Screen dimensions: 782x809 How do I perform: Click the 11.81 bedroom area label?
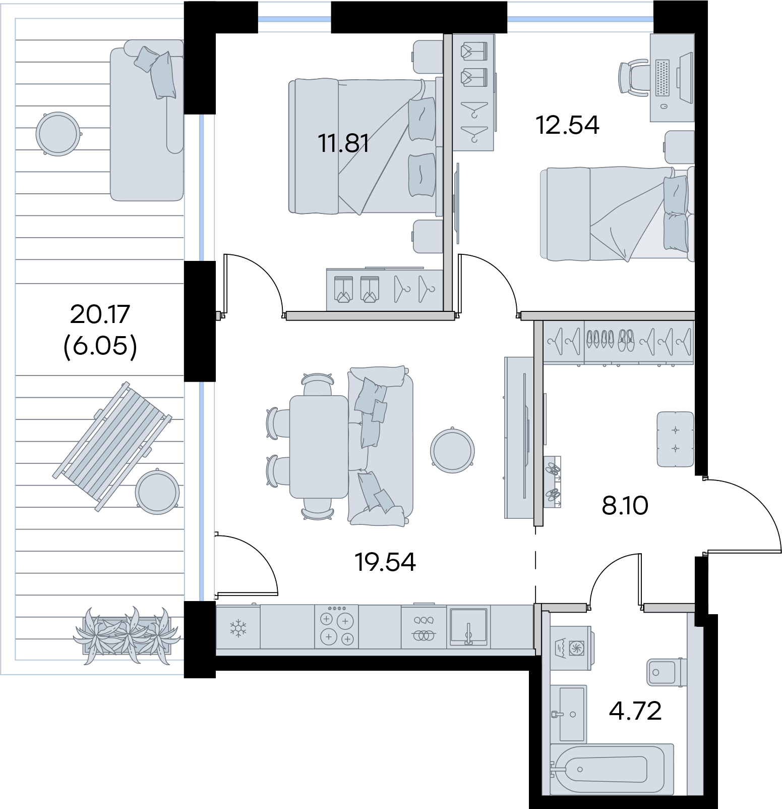pyautogui.click(x=343, y=144)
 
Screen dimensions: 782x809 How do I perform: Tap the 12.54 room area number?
pyautogui.click(x=567, y=125)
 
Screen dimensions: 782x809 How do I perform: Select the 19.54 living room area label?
pyautogui.click(x=386, y=562)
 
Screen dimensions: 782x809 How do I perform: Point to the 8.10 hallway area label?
pyautogui.click(x=625, y=505)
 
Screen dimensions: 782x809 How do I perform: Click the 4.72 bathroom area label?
pyautogui.click(x=635, y=711)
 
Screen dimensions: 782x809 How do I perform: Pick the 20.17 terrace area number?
pyautogui.click(x=100, y=314)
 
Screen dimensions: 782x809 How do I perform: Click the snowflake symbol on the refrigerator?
pyautogui.click(x=237, y=628)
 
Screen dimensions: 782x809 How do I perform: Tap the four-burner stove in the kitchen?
pyautogui.click(x=337, y=626)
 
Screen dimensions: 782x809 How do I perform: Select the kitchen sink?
pyautogui.click(x=468, y=627)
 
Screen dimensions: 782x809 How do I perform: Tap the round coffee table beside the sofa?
pyautogui.click(x=453, y=450)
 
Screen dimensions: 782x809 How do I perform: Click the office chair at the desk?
pyautogui.click(x=634, y=77)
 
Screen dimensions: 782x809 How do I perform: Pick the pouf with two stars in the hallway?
pyautogui.click(x=676, y=439)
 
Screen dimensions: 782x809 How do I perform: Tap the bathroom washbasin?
pyautogui.click(x=568, y=714)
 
